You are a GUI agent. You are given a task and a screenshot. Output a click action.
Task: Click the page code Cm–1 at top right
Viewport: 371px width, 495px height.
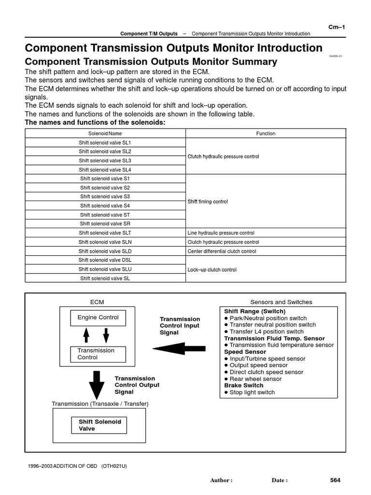pos(336,27)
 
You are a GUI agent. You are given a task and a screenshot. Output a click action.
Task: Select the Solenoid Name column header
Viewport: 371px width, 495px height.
pos(105,133)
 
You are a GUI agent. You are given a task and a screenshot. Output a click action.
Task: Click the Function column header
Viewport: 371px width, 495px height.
pos(266,133)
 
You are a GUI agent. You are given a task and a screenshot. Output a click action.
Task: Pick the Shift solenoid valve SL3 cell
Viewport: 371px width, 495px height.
pos(105,160)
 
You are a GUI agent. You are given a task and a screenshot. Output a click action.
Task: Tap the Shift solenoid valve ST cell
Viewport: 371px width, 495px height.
pos(105,215)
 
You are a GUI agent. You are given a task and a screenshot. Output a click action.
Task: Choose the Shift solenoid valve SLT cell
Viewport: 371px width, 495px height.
pos(105,233)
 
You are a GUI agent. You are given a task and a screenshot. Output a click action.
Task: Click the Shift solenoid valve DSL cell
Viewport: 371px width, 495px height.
pos(105,260)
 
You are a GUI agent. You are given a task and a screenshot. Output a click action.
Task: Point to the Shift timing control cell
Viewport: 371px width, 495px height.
pos(208,202)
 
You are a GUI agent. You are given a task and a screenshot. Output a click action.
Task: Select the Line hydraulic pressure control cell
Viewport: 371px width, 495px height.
pos(221,233)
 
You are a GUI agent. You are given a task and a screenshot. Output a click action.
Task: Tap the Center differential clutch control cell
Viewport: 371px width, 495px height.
pos(222,251)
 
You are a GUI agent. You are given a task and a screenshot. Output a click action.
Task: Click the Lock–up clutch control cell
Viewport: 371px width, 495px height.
pos(212,270)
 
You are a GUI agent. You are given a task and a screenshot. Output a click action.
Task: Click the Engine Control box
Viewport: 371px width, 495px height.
pos(98,318)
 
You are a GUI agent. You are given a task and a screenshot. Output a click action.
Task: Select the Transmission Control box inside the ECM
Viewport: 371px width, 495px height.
pos(98,354)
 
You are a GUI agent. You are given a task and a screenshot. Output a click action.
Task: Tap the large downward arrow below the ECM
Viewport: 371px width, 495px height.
pos(97,384)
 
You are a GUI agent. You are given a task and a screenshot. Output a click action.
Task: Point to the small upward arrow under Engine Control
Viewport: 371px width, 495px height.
pos(86,335)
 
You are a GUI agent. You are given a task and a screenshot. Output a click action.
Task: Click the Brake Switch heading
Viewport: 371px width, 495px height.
pos(243,386)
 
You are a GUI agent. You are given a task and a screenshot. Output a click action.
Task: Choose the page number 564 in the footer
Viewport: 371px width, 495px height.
pos(335,480)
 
